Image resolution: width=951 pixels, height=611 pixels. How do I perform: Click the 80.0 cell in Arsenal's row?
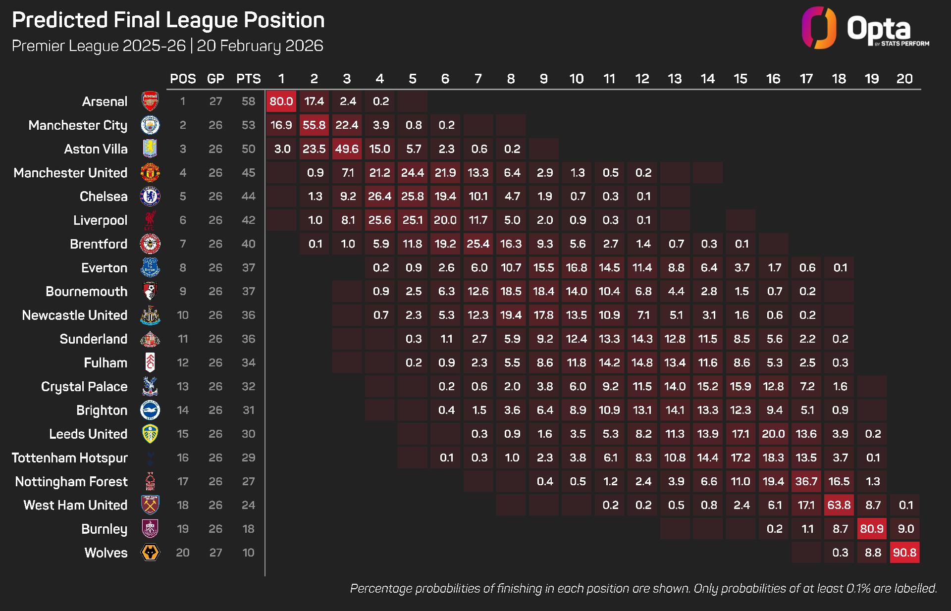281,102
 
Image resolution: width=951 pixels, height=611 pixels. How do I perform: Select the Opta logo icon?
819,28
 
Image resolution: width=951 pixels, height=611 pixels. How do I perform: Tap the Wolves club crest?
150,553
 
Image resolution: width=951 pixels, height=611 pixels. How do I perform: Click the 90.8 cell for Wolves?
904,553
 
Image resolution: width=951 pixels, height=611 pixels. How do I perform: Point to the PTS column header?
248,79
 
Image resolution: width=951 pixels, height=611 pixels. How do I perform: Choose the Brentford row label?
99,244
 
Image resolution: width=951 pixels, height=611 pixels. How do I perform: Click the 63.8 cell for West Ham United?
839,505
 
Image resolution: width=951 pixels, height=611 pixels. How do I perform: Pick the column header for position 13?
675,79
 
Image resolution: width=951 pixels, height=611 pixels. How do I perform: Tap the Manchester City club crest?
150,125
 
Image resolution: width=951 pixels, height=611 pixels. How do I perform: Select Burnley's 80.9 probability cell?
872,529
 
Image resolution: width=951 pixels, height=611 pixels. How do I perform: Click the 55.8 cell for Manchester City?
314,125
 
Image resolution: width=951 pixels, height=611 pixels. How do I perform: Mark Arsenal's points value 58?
248,102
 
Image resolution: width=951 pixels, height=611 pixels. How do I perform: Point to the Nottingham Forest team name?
71,482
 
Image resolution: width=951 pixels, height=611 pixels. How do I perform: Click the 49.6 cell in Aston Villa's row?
347,149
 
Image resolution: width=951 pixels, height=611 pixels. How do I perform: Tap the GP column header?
215,79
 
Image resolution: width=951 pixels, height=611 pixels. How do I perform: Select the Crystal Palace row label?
84,387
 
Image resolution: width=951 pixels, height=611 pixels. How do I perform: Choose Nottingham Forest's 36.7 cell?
806,481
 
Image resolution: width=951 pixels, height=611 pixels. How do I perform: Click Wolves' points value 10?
248,553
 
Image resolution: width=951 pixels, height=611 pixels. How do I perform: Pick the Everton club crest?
150,268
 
